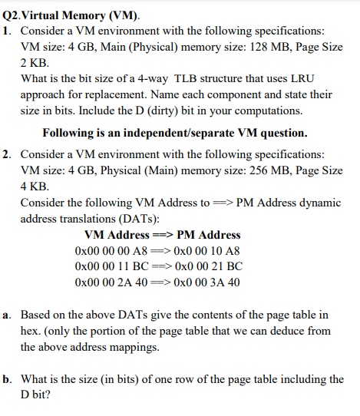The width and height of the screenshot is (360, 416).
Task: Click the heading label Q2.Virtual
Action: click(x=32, y=12)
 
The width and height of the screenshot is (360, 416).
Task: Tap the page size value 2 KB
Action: click(x=35, y=64)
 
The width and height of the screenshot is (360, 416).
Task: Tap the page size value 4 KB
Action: click(x=35, y=186)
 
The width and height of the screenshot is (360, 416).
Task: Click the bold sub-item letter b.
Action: click(x=7, y=379)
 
